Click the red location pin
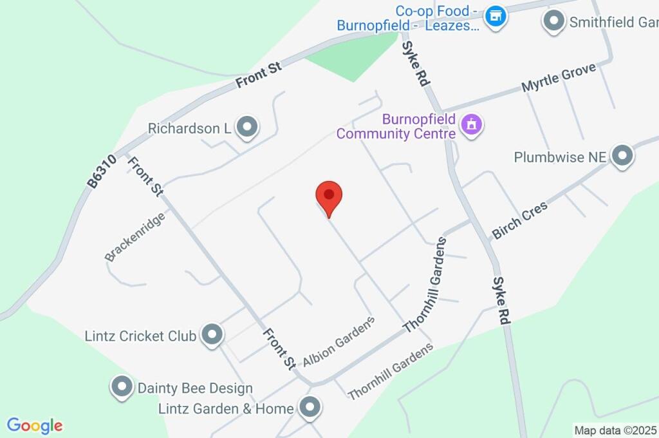(x=329, y=196)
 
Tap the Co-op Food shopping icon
(x=495, y=17)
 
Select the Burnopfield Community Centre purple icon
(x=472, y=126)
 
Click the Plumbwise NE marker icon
(x=622, y=156)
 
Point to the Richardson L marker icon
(x=246, y=128)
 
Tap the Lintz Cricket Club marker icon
(x=211, y=334)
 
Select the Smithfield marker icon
(x=553, y=21)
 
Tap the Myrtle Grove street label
(x=559, y=77)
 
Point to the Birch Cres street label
(x=519, y=220)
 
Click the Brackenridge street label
(x=135, y=236)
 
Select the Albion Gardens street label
(x=339, y=341)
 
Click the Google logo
(x=35, y=426)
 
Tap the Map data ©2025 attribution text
(x=616, y=430)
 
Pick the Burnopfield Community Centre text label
(x=396, y=126)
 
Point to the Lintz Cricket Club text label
(x=140, y=336)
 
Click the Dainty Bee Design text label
(x=195, y=388)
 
